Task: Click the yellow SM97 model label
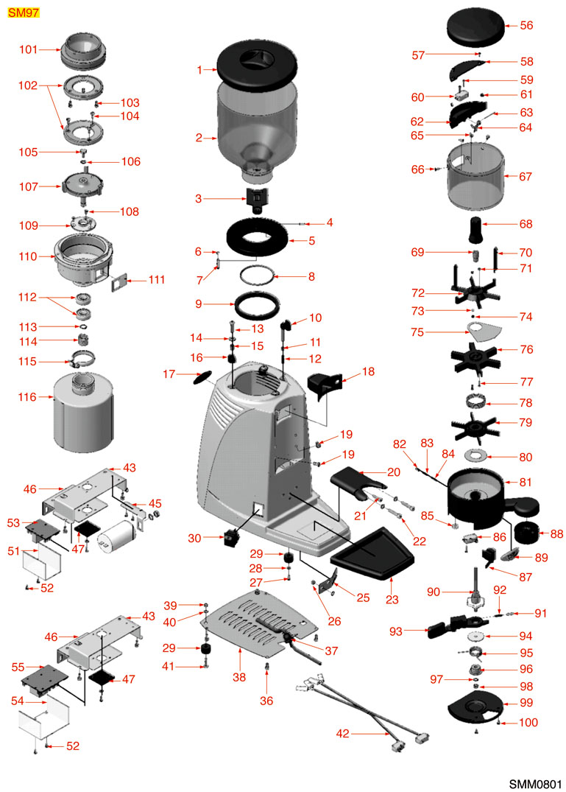[23, 13]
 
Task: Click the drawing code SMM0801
[535, 780]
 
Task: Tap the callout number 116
[27, 398]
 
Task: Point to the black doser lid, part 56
[478, 27]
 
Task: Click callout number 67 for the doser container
[526, 177]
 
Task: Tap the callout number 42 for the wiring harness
[343, 733]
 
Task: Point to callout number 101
[28, 50]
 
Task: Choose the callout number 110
[28, 256]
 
